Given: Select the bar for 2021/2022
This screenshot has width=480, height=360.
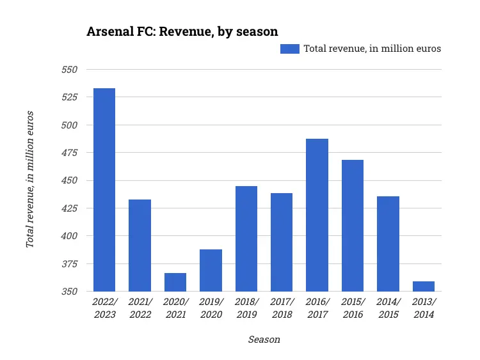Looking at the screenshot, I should coord(140,246).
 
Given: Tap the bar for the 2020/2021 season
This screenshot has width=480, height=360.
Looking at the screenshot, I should coord(175,282).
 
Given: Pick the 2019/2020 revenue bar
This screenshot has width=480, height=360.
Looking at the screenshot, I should coord(211,270).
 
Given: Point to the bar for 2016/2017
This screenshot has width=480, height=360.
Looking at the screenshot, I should coord(317,215).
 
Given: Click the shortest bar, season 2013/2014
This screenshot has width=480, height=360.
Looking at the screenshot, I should coord(424,286).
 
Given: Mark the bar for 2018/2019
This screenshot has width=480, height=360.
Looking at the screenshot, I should coord(246,239).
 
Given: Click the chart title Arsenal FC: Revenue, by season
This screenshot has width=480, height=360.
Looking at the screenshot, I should coord(182,31).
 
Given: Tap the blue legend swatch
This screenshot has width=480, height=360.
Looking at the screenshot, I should coord(290,49).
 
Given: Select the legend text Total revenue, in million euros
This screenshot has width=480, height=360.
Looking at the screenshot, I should coord(372,49).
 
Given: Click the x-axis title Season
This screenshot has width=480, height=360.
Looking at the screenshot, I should coord(264,340).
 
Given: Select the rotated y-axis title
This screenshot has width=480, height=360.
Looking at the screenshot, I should coord(30,180).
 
